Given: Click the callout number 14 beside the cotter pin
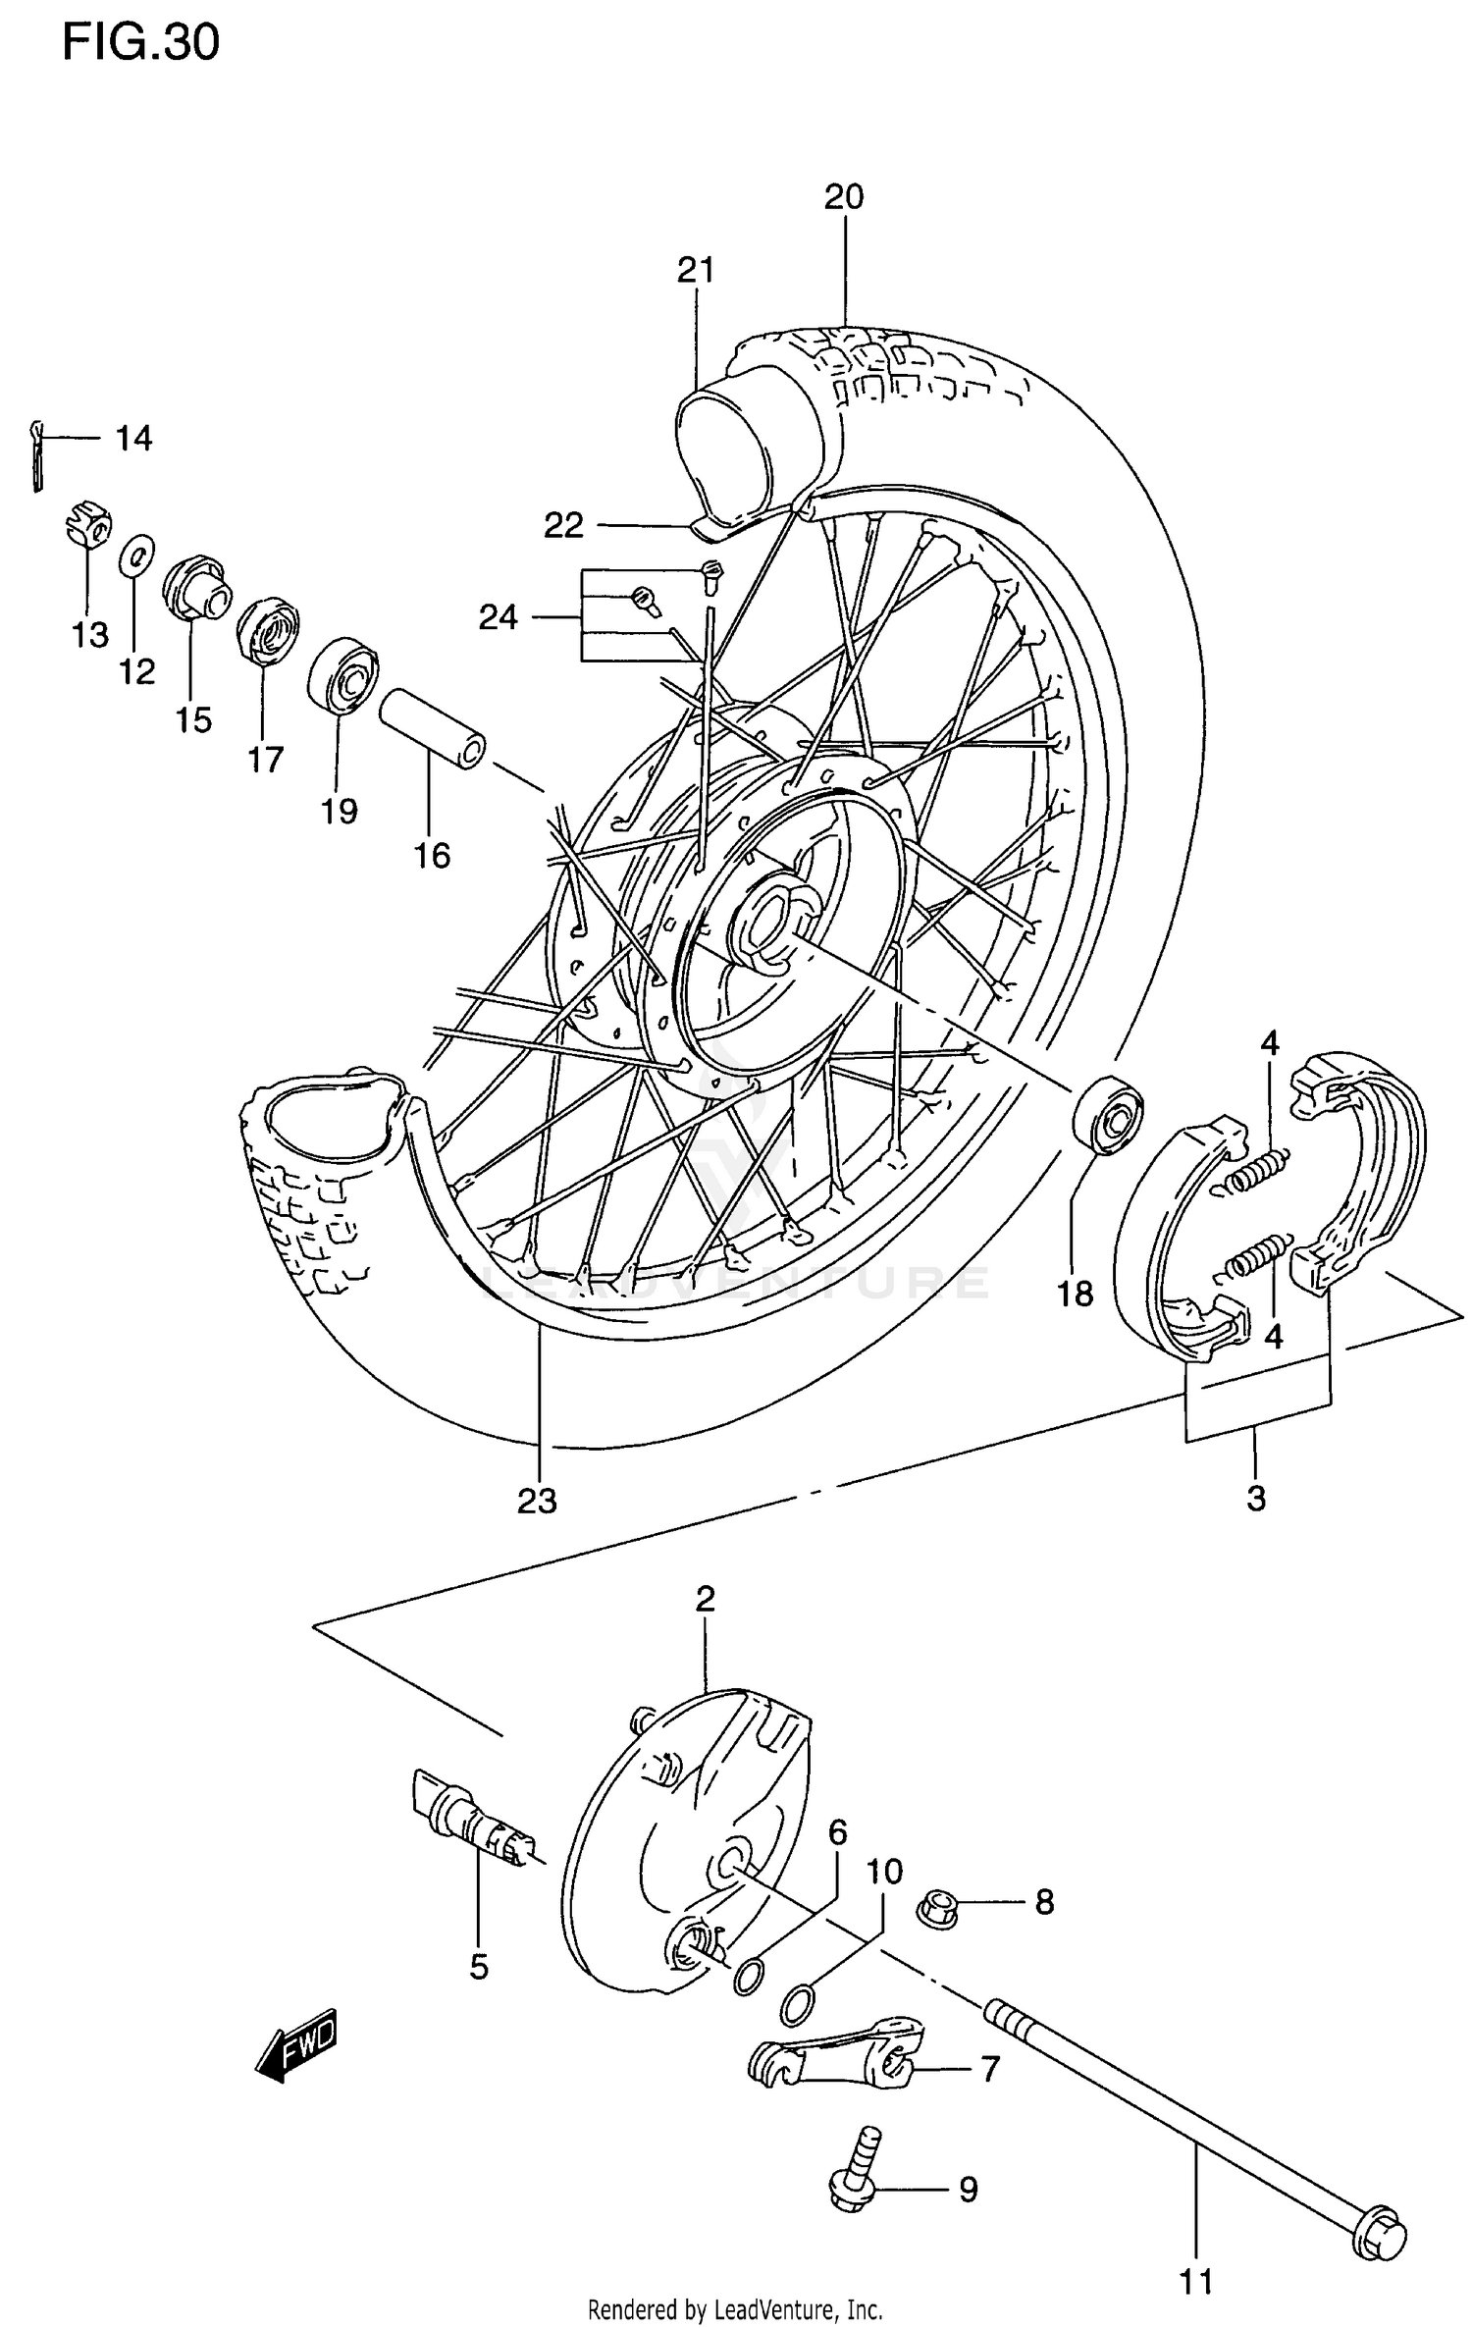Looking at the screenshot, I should (x=133, y=439).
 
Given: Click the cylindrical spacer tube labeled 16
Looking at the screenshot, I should (x=432, y=728).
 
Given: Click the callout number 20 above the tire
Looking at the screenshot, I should (x=843, y=197).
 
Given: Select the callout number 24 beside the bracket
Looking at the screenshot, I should (x=498, y=617).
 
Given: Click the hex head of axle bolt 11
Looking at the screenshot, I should (x=1379, y=2229).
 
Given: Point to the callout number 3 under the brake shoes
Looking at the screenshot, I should (x=1256, y=1498).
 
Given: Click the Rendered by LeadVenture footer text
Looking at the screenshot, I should (x=735, y=2309).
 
